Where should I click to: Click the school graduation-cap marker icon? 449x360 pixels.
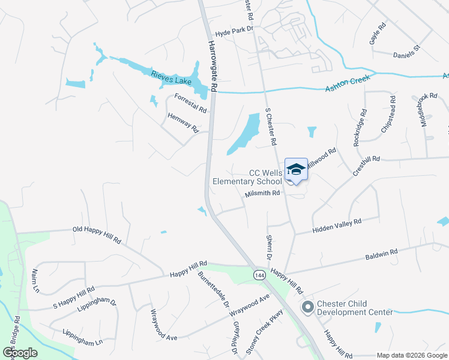tap(296, 170)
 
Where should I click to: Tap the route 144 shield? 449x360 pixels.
tap(259, 275)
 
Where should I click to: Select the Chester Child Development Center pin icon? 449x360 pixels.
tap(308, 308)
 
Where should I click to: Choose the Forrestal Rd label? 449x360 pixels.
tap(190, 103)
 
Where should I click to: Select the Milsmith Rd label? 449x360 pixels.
tap(263, 193)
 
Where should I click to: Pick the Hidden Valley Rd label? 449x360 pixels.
tap(337, 226)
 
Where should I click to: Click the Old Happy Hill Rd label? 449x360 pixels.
tap(97, 234)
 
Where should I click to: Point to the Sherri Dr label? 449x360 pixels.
tap(270, 247)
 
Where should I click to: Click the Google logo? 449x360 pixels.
tap(20, 353)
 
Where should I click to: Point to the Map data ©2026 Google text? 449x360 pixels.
tap(411, 355)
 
